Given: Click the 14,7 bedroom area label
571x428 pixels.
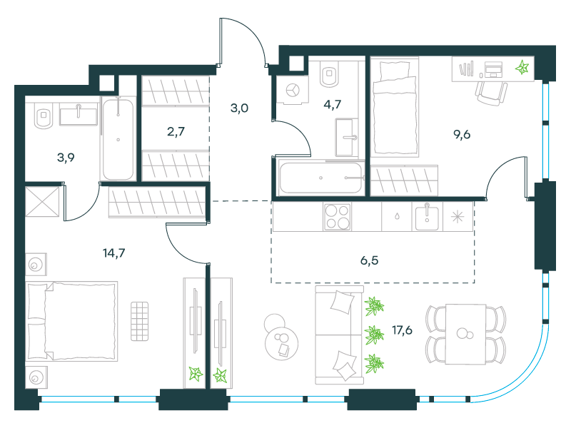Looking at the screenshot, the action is coord(114,253).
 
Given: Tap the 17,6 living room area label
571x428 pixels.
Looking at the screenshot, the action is coord(402,330).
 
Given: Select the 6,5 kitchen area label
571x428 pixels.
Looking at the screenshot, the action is coord(369,260).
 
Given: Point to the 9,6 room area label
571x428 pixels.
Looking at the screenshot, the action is coord(462,135).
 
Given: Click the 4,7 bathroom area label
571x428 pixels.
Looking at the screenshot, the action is coord(333,104).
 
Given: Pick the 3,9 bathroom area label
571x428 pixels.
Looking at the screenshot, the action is coord(66,158).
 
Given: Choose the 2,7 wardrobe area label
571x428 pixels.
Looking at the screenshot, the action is coord(176,131).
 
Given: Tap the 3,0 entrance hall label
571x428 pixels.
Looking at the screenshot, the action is coord(240,108).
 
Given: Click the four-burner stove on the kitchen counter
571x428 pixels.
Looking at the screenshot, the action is coord(337,217).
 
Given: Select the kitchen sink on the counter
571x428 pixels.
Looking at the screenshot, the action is coord(427,217).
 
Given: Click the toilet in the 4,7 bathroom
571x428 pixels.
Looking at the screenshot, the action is coord(330,74).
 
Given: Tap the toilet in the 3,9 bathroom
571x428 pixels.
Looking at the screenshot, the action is coord(44,116).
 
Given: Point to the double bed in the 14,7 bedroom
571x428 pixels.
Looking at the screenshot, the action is coord(71,321).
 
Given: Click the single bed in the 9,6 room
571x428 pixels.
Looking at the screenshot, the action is coord(395,108).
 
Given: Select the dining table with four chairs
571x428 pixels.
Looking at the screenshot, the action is coord(466,335).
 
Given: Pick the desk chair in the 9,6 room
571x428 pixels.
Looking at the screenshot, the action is coord(491,93).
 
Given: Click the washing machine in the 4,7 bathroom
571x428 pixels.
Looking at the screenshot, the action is coord(293,90).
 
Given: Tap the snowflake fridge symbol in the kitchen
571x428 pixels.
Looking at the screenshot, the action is coord(458,218).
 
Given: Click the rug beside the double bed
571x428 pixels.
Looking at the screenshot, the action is coord(139,321).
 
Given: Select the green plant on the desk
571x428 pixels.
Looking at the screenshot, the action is coord(522,67).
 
